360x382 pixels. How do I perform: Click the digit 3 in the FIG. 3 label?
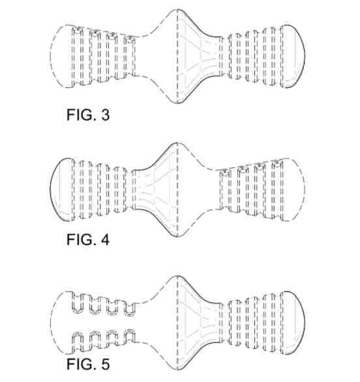click(x=105, y=115)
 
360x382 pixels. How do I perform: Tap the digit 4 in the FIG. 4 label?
click(x=105, y=240)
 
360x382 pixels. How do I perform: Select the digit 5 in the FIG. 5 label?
click(x=105, y=364)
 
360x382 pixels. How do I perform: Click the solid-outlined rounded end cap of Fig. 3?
click(x=292, y=56)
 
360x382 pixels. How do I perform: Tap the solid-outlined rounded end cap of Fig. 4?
click(x=62, y=190)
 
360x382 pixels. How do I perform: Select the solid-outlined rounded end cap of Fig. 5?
click(x=292, y=323)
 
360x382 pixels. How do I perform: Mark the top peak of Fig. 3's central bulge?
click(x=177, y=9)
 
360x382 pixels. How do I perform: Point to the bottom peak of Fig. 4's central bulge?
click(x=177, y=237)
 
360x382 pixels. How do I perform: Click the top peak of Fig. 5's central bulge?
click(x=177, y=276)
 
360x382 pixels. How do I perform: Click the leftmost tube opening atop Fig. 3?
click(x=77, y=30)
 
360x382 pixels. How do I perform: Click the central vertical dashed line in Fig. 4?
click(x=177, y=190)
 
